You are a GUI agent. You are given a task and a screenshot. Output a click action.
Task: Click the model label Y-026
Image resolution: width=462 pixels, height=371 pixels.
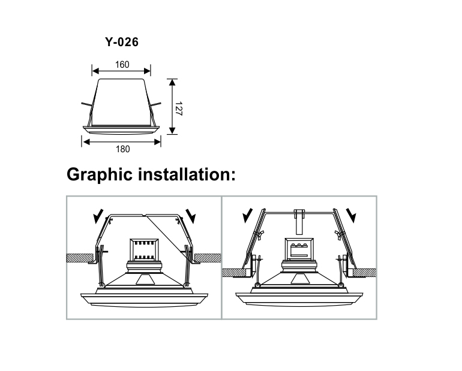(x=122, y=42)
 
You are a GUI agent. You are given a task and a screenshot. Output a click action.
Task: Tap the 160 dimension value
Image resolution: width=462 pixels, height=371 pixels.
(x=122, y=65)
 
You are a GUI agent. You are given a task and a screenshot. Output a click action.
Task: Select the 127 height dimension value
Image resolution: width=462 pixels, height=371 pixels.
(x=179, y=108)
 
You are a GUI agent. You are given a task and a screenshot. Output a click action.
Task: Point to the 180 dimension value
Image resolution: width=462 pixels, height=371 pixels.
(x=122, y=149)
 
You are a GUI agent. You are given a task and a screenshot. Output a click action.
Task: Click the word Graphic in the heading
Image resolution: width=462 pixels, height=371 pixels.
(x=100, y=175)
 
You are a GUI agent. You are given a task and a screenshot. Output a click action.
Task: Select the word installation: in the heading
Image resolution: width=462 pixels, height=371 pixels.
(x=187, y=174)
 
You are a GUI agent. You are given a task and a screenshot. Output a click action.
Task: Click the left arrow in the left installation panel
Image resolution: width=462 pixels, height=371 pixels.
(x=98, y=216)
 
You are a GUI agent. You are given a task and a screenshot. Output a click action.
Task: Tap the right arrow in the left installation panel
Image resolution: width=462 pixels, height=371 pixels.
(x=191, y=216)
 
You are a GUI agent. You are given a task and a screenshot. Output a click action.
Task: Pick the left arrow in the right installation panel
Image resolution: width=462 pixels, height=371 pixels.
(x=248, y=216)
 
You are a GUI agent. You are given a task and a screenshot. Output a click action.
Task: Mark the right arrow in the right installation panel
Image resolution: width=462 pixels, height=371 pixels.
(x=351, y=216)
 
